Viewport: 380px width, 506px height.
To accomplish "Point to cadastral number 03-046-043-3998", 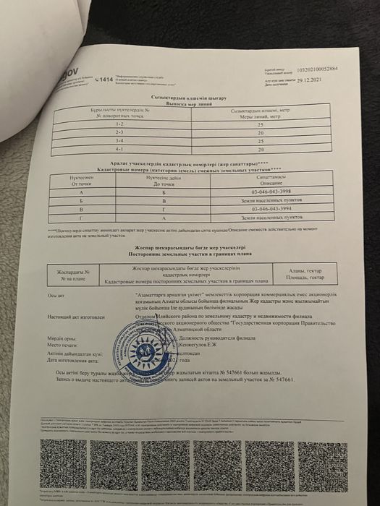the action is coord(271,192).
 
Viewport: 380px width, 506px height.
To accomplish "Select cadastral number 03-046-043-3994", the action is coord(271,208).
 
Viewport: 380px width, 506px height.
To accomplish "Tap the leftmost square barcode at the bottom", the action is coord(62,463).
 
